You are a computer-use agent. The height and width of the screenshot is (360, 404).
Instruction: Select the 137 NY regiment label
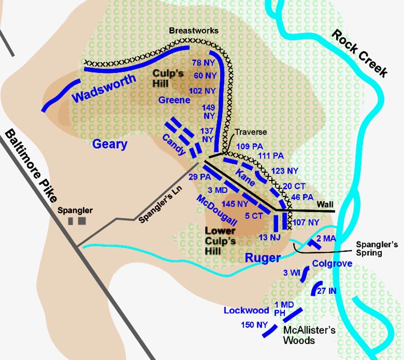tap(207, 134)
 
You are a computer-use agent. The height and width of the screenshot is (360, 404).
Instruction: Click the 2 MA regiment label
tap(327, 238)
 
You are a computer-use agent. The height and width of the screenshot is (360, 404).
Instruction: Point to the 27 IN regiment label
tap(336, 291)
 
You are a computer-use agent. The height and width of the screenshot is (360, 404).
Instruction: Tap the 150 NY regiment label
tap(254, 325)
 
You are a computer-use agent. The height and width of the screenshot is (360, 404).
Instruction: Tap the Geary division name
tap(110, 145)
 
